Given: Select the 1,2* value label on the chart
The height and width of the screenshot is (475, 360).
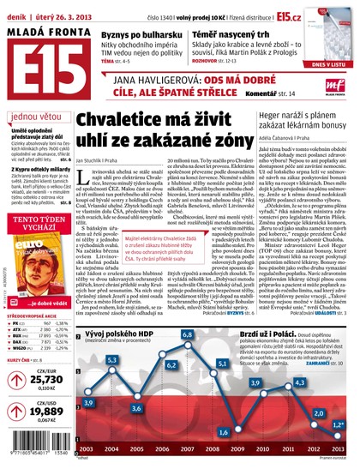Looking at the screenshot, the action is click(340, 424).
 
